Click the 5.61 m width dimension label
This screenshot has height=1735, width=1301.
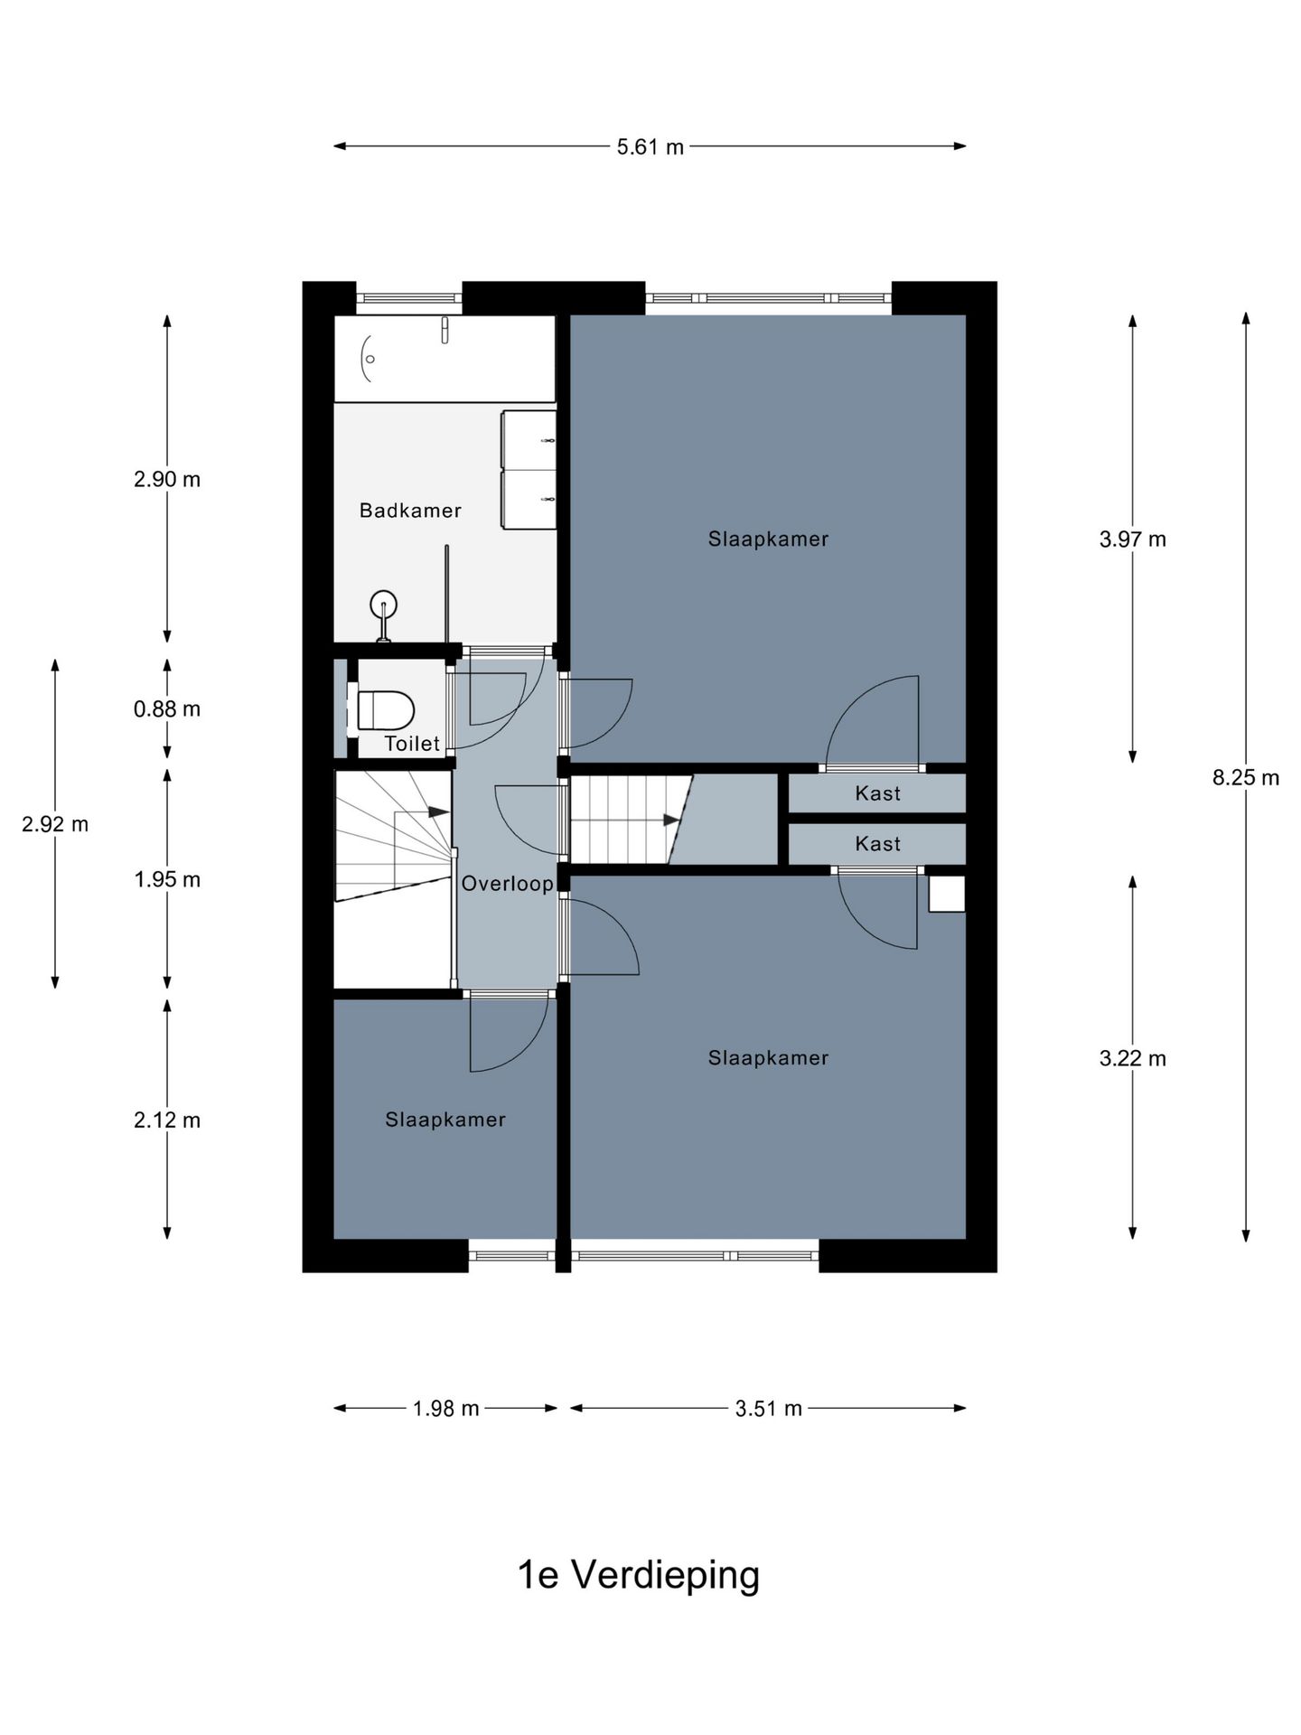pyautogui.click(x=650, y=146)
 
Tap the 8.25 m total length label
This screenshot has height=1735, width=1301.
pyautogui.click(x=1246, y=777)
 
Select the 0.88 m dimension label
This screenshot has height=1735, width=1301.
pyautogui.click(x=167, y=709)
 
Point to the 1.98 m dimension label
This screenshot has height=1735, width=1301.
pyautogui.click(x=445, y=1408)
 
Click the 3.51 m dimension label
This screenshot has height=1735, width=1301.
pyautogui.click(x=768, y=1408)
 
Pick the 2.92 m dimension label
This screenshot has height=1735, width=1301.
pyautogui.click(x=55, y=824)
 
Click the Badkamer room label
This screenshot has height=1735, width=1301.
pyautogui.click(x=410, y=511)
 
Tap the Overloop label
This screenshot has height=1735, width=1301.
pyautogui.click(x=507, y=884)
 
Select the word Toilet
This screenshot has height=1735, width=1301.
pyautogui.click(x=412, y=744)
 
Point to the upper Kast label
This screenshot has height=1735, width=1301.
pyautogui.click(x=877, y=793)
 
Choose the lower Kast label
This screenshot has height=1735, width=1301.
pyautogui.click(x=877, y=844)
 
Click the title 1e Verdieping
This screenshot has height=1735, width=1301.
pyautogui.click(x=638, y=1575)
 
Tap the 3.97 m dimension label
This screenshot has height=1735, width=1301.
pyautogui.click(x=1133, y=539)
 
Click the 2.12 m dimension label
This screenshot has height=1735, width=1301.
pyautogui.click(x=167, y=1121)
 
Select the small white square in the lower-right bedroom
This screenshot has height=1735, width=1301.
pyautogui.click(x=947, y=894)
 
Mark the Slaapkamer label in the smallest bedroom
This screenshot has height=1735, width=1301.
pyautogui.click(x=445, y=1120)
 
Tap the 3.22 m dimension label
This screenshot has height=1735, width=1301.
pyautogui.click(x=1133, y=1058)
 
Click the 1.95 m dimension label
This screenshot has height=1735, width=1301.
pyautogui.click(x=167, y=879)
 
